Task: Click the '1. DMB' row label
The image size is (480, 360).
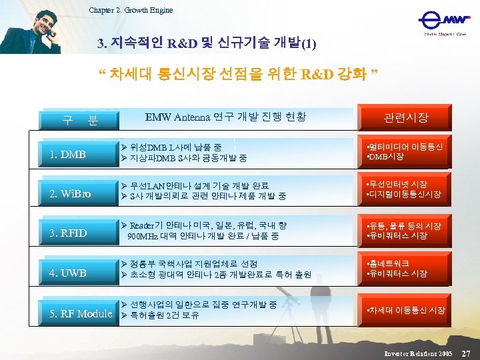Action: point(68,155)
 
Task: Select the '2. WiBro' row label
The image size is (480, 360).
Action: point(70,195)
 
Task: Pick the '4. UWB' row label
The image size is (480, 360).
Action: point(68,273)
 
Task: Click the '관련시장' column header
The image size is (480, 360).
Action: point(406,118)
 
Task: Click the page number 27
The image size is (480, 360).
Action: point(466,351)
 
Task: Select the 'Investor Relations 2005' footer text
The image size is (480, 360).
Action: point(418,351)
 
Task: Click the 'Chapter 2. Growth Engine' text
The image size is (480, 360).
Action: point(131,9)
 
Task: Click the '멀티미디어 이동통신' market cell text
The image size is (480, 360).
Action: point(405,147)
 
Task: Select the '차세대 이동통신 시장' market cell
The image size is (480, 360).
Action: point(406,310)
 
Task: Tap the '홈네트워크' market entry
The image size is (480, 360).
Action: point(387,264)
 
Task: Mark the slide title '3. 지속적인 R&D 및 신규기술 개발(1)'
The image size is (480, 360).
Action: point(207,45)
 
